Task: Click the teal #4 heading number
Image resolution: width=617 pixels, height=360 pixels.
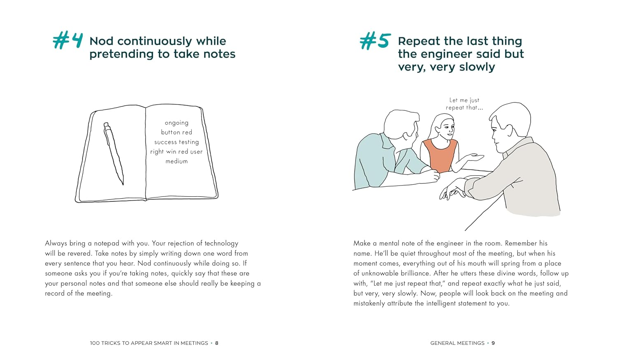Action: tap(68, 41)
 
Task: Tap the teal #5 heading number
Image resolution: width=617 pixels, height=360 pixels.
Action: tap(375, 41)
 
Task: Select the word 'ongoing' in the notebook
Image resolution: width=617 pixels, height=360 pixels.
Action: tap(176, 123)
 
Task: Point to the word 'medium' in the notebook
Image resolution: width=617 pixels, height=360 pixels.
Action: tap(176, 161)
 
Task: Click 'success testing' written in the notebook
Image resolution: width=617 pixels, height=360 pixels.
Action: tap(176, 142)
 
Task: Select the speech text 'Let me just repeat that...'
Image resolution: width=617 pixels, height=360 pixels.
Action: tap(464, 104)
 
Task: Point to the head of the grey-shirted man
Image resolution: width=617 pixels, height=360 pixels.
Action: tap(509, 123)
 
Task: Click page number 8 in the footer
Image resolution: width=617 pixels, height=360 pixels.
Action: tap(217, 343)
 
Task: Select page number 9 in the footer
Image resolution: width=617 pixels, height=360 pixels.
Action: tap(493, 343)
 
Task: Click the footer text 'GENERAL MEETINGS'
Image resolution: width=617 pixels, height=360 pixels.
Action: tap(457, 343)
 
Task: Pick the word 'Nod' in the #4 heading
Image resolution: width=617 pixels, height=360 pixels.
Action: tap(101, 41)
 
